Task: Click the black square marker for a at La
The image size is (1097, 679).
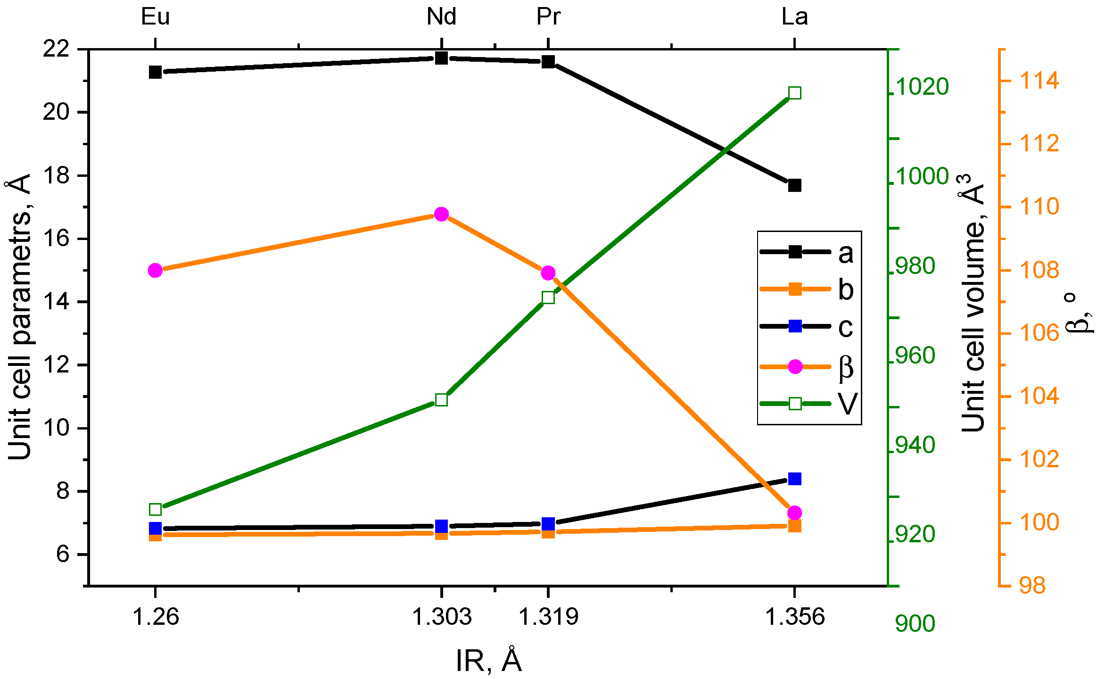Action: click(x=795, y=185)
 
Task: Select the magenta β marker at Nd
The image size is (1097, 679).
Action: click(x=441, y=214)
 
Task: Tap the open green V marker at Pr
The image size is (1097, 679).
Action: click(x=548, y=298)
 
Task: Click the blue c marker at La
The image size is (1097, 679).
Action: click(x=795, y=479)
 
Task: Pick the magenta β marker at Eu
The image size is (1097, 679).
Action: click(x=156, y=270)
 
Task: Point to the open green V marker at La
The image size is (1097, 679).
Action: click(x=795, y=93)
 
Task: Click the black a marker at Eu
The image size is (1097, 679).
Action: click(x=156, y=72)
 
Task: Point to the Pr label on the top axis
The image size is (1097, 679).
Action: click(x=548, y=17)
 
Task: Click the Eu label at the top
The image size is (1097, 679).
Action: click(x=156, y=17)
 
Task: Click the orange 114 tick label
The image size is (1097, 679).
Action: click(x=1039, y=81)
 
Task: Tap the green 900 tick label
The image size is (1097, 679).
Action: click(x=915, y=623)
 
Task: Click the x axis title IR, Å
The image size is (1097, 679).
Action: click(x=489, y=660)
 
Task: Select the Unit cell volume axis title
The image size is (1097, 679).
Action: click(x=973, y=302)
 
